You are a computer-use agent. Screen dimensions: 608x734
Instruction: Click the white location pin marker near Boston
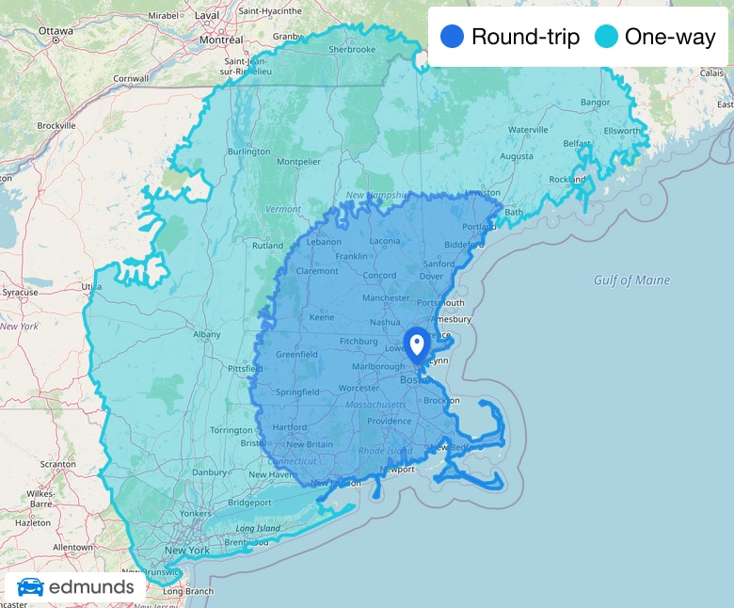(x=416, y=343)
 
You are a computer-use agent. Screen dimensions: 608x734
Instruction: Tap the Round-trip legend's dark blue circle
(x=453, y=37)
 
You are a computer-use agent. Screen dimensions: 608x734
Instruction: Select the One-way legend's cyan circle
(x=607, y=37)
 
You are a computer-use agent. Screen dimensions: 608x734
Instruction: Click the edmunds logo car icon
(x=30, y=587)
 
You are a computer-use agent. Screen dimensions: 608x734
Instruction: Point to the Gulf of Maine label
(x=632, y=280)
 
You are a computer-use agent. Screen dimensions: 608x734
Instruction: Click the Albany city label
(x=206, y=334)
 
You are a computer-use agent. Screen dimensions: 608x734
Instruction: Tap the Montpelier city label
(x=298, y=161)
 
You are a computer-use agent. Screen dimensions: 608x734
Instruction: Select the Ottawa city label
(x=56, y=31)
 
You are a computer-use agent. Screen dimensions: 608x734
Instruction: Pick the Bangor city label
(x=596, y=102)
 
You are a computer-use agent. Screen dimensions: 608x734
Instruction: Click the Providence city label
(x=390, y=421)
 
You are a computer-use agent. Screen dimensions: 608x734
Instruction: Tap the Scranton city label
(x=57, y=464)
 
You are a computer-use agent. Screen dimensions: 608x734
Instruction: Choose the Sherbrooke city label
(x=353, y=49)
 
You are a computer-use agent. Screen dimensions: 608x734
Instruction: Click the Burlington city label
(x=248, y=152)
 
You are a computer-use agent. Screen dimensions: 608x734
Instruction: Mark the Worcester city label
(x=359, y=388)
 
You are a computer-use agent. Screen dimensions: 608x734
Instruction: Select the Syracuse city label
(x=19, y=292)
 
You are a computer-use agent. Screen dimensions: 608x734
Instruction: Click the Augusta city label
(x=516, y=155)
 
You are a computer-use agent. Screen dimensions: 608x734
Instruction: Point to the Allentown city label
(x=72, y=547)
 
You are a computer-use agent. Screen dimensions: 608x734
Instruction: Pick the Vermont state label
(x=282, y=209)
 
